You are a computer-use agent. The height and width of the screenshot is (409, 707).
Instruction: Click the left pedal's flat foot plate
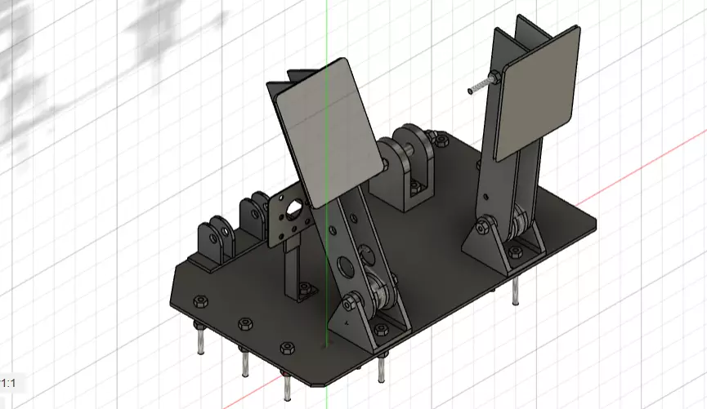(327, 131)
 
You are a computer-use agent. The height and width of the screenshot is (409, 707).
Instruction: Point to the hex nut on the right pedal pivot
(486, 221)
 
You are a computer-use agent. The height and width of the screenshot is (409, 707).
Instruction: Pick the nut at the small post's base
(305, 287)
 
